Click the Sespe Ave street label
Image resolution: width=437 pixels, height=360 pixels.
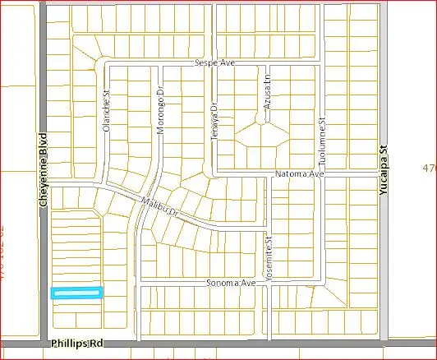pyautogui.click(x=214, y=63)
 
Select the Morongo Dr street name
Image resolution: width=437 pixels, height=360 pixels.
pyautogui.click(x=160, y=113)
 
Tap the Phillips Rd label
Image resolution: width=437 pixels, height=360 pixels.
pyautogui.click(x=78, y=343)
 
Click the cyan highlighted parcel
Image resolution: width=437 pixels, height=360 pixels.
pyautogui.click(x=76, y=292)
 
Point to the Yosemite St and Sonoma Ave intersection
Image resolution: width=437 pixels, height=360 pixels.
pyautogui.click(x=268, y=283)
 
